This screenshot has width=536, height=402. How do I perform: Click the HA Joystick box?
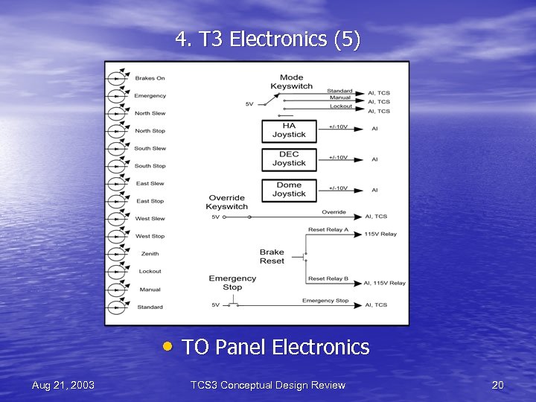pyautogui.click(x=289, y=131)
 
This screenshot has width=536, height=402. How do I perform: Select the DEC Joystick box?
pyautogui.click(x=289, y=159)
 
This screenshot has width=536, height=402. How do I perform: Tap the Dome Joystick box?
pyautogui.click(x=289, y=189)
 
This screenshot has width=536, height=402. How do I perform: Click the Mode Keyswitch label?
pyautogui.click(x=292, y=82)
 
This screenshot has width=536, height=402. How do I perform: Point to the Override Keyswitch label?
pyautogui.click(x=227, y=202)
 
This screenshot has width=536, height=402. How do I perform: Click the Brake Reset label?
pyautogui.click(x=272, y=257)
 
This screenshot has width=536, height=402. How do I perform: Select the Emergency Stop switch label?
pyautogui.click(x=232, y=283)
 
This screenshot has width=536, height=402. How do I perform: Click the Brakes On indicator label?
pyautogui.click(x=150, y=78)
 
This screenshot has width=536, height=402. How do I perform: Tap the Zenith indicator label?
pyautogui.click(x=150, y=254)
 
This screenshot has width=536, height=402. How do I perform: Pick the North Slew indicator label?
pyautogui.click(x=150, y=113)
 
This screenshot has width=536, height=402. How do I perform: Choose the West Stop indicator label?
pyautogui.click(x=150, y=236)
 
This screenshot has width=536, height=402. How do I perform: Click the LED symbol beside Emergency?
pyautogui.click(x=117, y=95)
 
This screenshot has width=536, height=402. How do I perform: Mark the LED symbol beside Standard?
pyautogui.click(x=117, y=307)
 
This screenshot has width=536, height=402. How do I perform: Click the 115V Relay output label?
pyautogui.click(x=380, y=234)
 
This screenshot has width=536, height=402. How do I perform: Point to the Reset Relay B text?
pyautogui.click(x=328, y=279)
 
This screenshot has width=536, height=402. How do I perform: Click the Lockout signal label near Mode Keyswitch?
pyautogui.click(x=341, y=106)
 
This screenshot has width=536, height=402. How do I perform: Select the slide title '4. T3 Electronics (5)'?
pyautogui.click(x=268, y=39)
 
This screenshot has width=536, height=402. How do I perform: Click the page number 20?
pyautogui.click(x=498, y=385)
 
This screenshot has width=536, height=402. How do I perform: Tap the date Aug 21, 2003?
pyautogui.click(x=63, y=385)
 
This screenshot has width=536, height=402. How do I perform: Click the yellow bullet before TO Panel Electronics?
pyautogui.click(x=170, y=346)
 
